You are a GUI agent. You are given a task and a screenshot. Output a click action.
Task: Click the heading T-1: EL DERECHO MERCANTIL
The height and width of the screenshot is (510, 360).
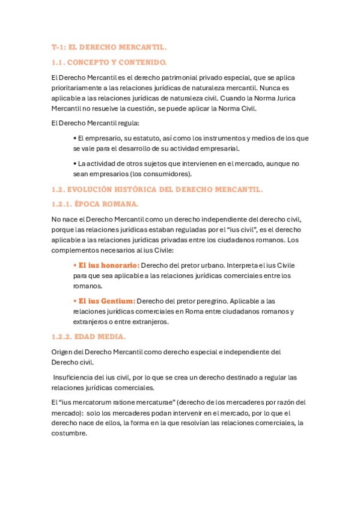pos(109,47)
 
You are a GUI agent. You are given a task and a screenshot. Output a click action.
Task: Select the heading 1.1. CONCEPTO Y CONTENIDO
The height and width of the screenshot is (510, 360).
pos(109,62)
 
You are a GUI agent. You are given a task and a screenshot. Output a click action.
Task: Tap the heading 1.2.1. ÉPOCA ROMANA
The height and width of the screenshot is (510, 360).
pos(95,204)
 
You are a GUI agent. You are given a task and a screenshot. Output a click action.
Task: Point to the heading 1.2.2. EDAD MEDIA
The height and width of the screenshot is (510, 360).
pos(88,337)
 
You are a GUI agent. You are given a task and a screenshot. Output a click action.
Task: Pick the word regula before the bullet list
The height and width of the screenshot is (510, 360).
pos(126,123)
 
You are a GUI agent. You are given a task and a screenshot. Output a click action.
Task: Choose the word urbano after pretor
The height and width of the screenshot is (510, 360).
pos(212,265)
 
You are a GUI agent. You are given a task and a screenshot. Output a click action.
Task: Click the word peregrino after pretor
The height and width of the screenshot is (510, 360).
pos(208,301)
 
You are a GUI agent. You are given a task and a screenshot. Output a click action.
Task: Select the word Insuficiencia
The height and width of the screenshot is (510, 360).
pos(76,378)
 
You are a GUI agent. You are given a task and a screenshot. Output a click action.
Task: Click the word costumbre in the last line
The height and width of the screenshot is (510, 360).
pos(69,432)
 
